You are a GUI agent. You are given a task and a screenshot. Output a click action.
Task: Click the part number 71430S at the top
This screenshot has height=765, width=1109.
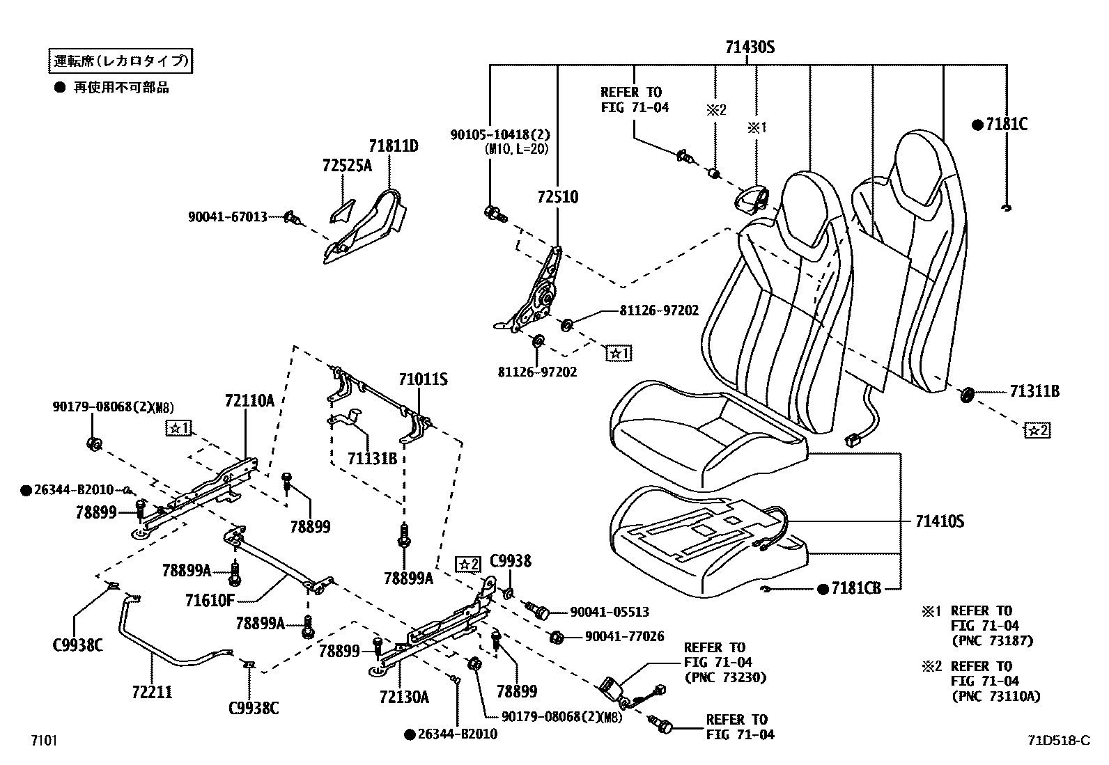pyautogui.click(x=750, y=47)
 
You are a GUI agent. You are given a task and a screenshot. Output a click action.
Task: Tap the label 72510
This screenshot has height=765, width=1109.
pyautogui.click(x=557, y=196)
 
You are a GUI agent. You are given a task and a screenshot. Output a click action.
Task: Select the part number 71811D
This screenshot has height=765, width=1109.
pyautogui.click(x=394, y=146)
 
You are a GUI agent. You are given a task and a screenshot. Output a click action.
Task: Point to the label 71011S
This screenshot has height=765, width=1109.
pyautogui.click(x=423, y=379)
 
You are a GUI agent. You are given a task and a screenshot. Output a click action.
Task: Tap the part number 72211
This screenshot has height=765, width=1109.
pyautogui.click(x=152, y=692)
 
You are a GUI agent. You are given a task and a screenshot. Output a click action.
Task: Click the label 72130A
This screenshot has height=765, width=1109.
pyautogui.click(x=404, y=696)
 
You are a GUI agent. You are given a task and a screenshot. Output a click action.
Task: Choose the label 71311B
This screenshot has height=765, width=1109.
pyautogui.click(x=1034, y=392)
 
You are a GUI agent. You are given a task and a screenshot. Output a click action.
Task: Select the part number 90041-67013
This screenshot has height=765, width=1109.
pyautogui.click(x=227, y=217)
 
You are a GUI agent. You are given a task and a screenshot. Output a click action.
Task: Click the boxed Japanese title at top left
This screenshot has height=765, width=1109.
pyautogui.click(x=120, y=61)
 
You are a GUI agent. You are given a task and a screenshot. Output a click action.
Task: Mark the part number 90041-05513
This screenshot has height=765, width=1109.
pyautogui.click(x=609, y=612)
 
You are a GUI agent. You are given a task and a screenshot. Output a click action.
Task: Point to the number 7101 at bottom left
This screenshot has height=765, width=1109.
pyautogui.click(x=42, y=741)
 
